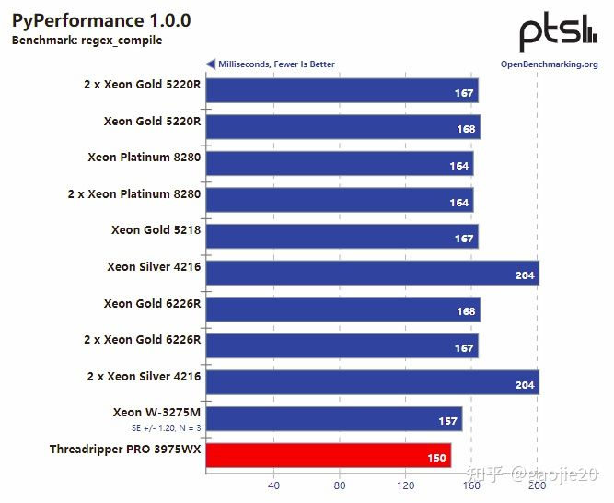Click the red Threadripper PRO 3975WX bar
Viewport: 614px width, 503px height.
point(327,455)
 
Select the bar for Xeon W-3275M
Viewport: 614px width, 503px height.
point(333,419)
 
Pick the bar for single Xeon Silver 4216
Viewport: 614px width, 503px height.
point(371,273)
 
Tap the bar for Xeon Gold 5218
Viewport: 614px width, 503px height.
point(342,237)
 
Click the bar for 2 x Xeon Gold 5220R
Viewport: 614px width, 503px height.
point(342,91)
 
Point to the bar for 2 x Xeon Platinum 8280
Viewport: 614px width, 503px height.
point(339,200)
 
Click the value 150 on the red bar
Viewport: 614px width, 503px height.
point(437,458)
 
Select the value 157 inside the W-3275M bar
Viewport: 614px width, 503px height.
point(448,421)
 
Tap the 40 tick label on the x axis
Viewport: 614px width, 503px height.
point(273,485)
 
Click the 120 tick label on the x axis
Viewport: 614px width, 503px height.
point(406,485)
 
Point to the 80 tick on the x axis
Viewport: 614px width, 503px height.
point(340,485)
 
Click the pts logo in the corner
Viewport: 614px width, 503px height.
point(558,33)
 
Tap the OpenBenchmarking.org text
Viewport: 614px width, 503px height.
point(549,64)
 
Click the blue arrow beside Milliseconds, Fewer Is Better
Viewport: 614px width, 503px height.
point(211,64)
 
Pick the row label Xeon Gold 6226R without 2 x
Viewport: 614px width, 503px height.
point(152,303)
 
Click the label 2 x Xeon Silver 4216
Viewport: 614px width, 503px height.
point(143,376)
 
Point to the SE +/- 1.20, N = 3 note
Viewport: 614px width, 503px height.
point(166,428)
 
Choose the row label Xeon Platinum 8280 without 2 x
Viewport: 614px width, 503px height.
point(145,157)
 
